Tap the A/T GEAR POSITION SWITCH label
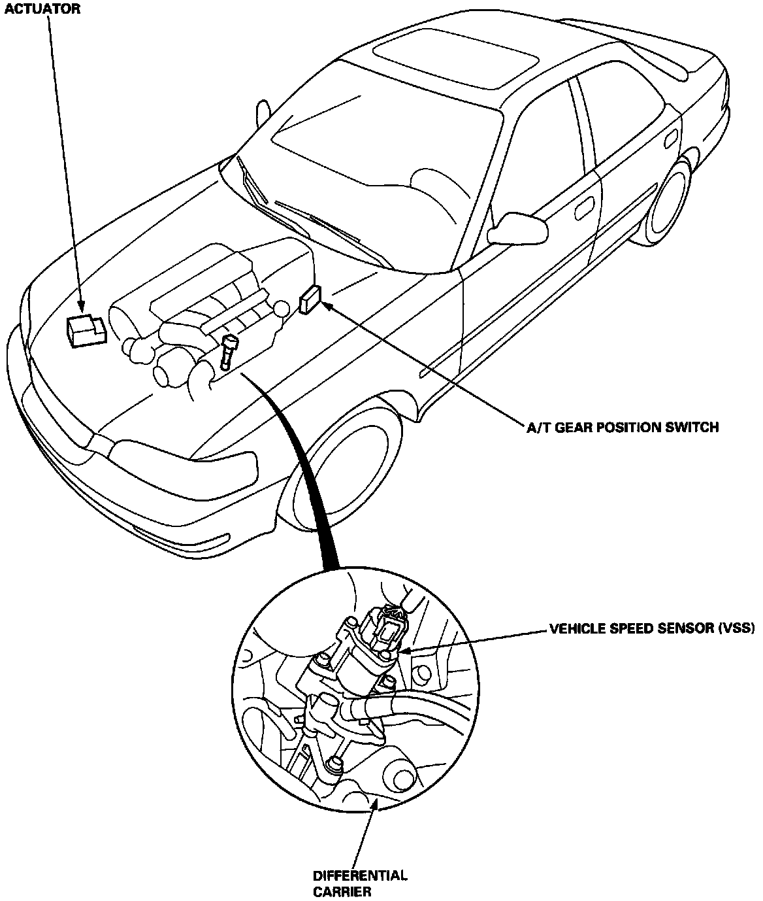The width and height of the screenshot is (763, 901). pyautogui.click(x=623, y=428)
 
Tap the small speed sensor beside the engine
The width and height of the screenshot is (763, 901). pyautogui.click(x=228, y=353)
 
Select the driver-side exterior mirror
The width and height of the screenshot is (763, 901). pyautogui.click(x=519, y=229)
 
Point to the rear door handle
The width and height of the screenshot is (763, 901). pyautogui.click(x=671, y=140)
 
